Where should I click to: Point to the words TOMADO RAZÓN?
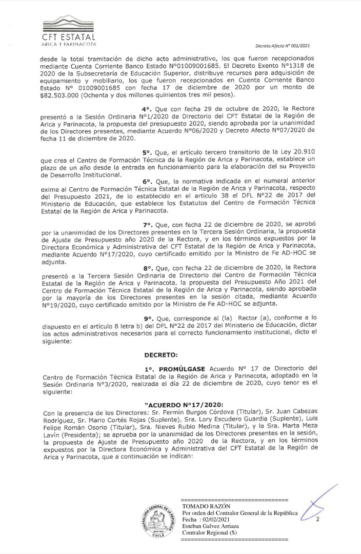pyautogui.click(x=203, y=506)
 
